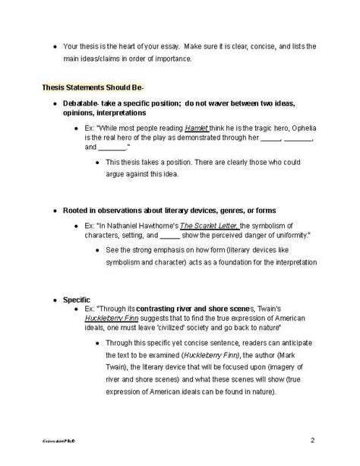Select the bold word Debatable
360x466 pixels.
(82, 103)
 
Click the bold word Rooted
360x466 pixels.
(77, 210)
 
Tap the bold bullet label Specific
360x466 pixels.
(77, 300)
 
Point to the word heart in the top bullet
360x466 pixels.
(127, 46)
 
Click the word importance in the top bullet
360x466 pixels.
(172, 57)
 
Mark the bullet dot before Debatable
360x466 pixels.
(55, 103)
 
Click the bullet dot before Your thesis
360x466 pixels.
(54, 46)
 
